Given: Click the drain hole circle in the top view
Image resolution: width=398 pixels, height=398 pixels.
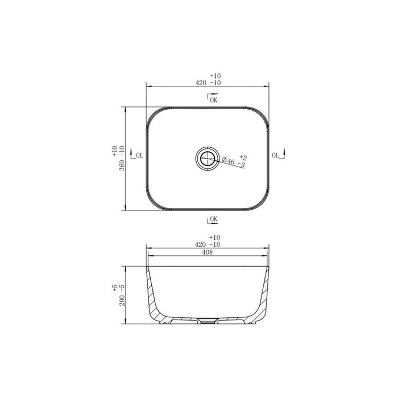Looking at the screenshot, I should tap(208, 157).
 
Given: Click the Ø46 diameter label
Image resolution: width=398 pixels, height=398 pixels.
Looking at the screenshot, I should tap(228, 162).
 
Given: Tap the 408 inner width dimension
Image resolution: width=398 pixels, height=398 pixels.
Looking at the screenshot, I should tap(208, 253).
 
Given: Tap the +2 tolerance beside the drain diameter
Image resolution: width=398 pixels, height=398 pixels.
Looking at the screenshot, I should tap(243, 156).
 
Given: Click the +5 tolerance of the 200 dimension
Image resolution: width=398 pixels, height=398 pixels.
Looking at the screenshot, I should tap(115, 288).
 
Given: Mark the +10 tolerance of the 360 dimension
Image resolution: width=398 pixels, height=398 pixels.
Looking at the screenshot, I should tap(115, 151).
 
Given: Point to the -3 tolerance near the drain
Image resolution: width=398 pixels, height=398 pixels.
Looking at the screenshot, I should tap(241, 165).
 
